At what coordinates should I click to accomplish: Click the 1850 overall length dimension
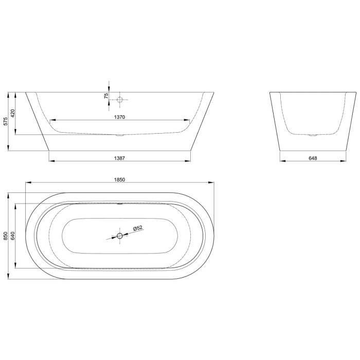point(120,179)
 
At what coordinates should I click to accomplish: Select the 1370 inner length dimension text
point(120,117)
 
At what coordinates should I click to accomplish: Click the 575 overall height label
point(5,122)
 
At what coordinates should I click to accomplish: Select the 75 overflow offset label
point(106,96)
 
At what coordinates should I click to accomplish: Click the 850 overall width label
point(5,236)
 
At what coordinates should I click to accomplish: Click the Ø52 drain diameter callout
point(137,228)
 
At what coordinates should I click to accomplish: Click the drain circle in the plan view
point(120,236)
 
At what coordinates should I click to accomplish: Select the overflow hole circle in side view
point(119,99)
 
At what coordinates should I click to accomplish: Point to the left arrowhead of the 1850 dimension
point(28,183)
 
